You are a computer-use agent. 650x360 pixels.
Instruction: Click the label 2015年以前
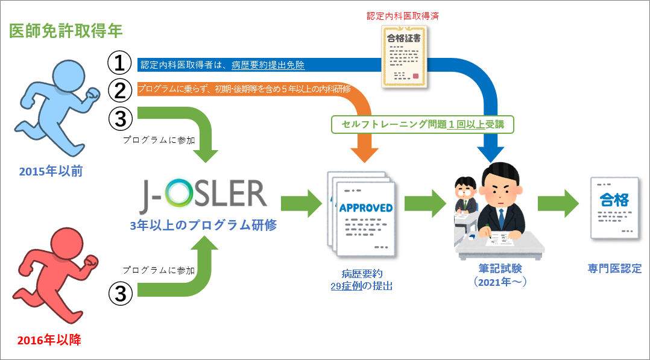click(51, 172)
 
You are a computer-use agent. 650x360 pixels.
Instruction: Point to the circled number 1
click(119, 62)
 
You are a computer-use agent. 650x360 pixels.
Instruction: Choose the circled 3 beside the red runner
click(119, 294)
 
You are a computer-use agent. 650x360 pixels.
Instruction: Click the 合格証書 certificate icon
click(405, 54)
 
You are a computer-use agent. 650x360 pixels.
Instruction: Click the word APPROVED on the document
click(366, 208)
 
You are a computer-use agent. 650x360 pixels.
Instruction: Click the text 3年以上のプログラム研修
click(203, 225)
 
